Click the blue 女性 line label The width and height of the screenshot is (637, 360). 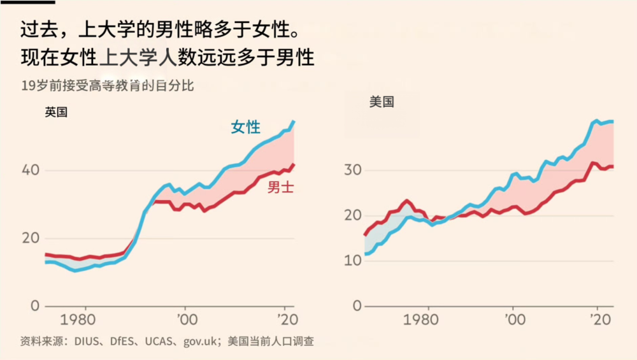245,127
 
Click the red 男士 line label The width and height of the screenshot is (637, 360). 280,187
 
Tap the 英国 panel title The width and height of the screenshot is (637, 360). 56,112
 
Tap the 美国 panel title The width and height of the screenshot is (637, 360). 382,102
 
